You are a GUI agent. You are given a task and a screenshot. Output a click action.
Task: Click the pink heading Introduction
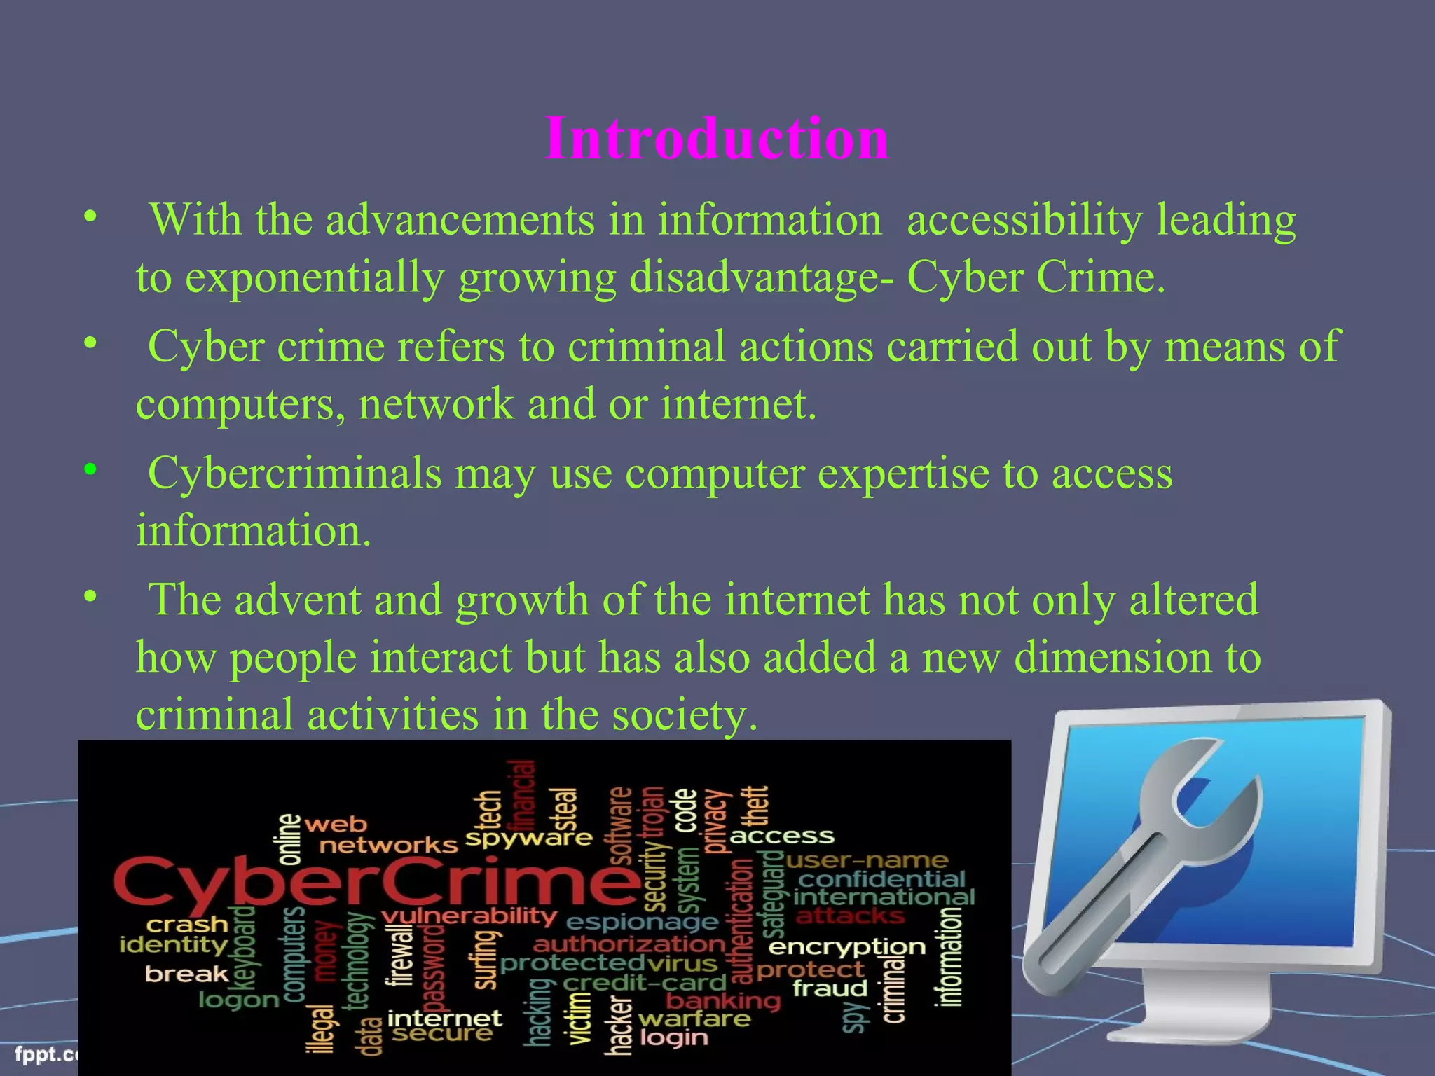(717, 138)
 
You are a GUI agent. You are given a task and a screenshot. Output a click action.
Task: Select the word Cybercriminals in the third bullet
(294, 474)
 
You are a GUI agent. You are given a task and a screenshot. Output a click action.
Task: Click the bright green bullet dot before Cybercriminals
(90, 469)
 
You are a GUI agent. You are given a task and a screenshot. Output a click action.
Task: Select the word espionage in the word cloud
(642, 923)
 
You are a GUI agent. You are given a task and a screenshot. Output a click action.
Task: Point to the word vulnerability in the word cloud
(469, 916)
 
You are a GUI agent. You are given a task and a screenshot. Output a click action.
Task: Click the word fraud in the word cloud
(830, 988)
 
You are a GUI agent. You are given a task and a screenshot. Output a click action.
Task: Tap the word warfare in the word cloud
(694, 1019)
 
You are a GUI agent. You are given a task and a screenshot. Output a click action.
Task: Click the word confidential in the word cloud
(882, 879)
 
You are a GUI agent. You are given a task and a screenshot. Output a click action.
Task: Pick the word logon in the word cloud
(239, 999)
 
